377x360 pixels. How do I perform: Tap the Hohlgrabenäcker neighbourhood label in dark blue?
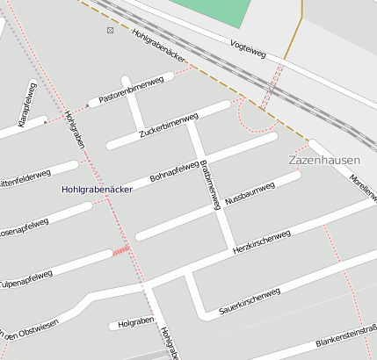coord(98,189)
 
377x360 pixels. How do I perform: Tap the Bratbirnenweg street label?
coord(210,184)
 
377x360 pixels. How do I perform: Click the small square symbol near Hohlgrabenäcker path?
coord(110,30)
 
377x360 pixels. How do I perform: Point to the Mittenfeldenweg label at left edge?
coord(22,181)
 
